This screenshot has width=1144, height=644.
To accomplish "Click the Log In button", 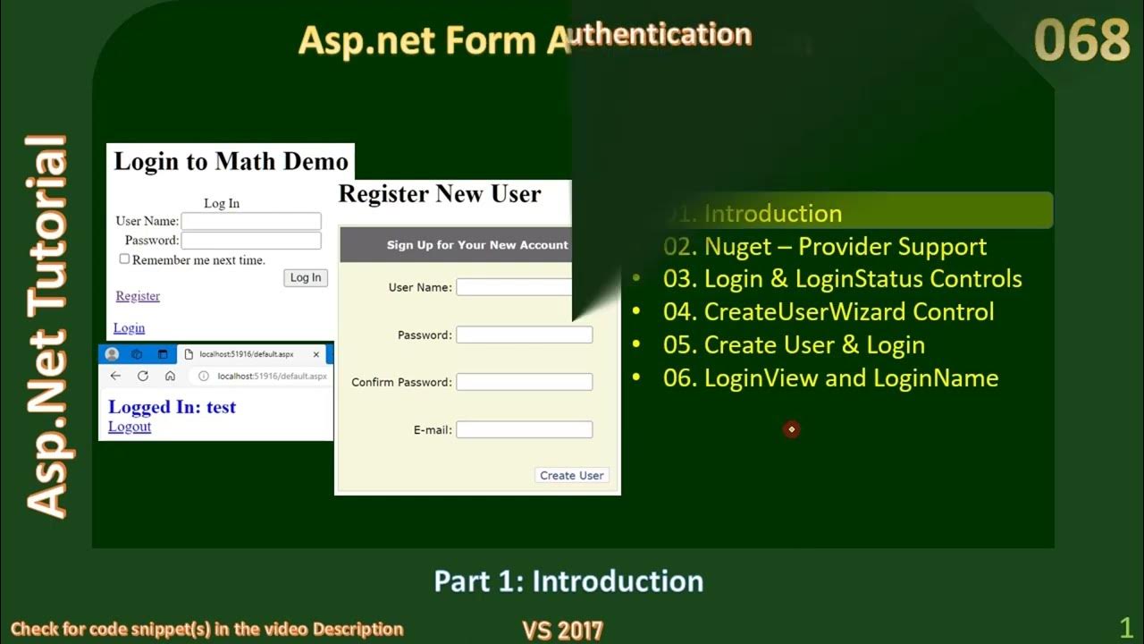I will pyautogui.click(x=306, y=278).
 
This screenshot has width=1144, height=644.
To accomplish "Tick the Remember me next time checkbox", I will pyautogui.click(x=125, y=259).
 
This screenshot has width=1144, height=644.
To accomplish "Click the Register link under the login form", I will pyautogui.click(x=138, y=296).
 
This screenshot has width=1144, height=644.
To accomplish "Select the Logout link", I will pyautogui.click(x=130, y=427).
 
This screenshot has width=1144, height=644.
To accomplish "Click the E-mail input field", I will pyautogui.click(x=524, y=429).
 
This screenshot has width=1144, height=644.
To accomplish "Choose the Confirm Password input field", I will pyautogui.click(x=524, y=382).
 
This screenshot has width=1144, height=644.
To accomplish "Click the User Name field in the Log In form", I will pyautogui.click(x=251, y=221).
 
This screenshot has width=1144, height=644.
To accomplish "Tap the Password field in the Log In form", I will pyautogui.click(x=251, y=241).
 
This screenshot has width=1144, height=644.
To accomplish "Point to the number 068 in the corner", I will pyautogui.click(x=1081, y=41).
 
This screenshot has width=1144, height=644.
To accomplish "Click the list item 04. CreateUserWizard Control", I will pyautogui.click(x=848, y=312).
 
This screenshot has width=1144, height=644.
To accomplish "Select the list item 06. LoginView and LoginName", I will pyautogui.click(x=851, y=378).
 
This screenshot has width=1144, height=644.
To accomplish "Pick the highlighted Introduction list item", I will pyautogui.click(x=772, y=214).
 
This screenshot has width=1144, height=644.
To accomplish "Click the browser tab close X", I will pyautogui.click(x=316, y=354).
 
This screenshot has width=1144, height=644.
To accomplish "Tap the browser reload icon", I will pyautogui.click(x=143, y=377).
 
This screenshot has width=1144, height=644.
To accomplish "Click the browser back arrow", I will pyautogui.click(x=115, y=377).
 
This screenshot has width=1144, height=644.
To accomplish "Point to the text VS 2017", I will pyautogui.click(x=562, y=631).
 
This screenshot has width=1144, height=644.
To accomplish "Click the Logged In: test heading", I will pyautogui.click(x=172, y=407).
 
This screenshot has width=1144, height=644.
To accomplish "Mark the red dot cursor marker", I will pyautogui.click(x=791, y=429).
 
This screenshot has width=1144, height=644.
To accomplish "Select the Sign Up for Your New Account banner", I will pyautogui.click(x=476, y=245).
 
